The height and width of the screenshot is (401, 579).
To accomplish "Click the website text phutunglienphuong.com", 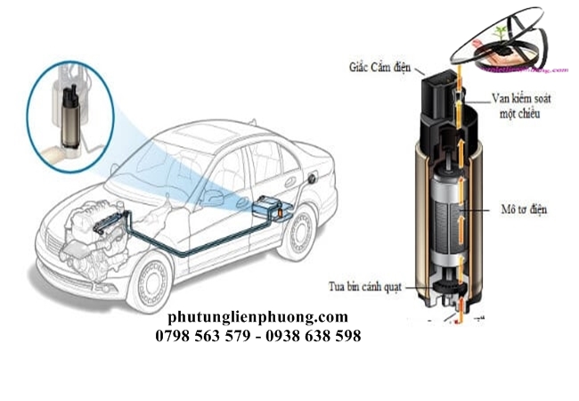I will click(257, 317).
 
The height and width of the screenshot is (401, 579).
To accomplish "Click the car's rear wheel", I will click(297, 232).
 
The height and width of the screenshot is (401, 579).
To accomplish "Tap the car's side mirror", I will click(210, 195).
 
